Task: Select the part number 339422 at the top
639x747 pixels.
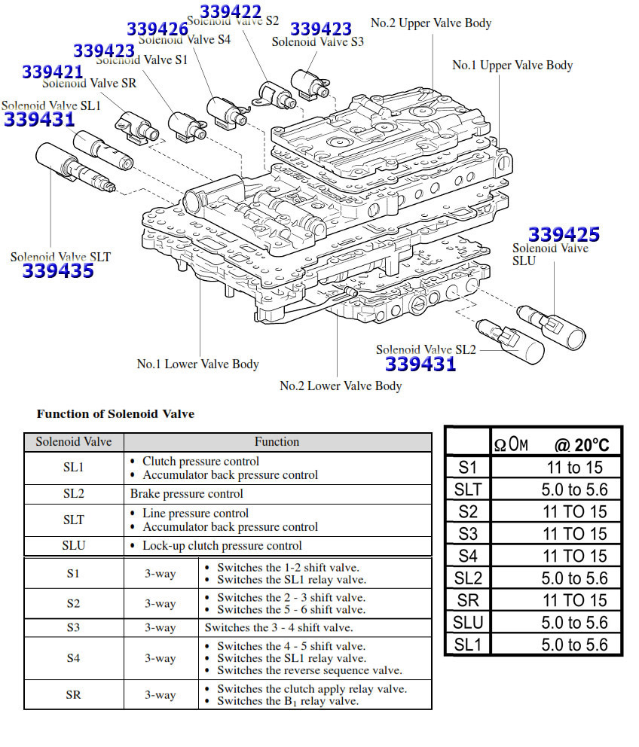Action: pyautogui.click(x=231, y=11)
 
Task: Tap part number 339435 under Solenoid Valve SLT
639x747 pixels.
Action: pyautogui.click(x=58, y=271)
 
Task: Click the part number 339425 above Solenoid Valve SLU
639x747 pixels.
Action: pyautogui.click(x=564, y=234)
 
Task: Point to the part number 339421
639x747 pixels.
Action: pyautogui.click(x=52, y=72)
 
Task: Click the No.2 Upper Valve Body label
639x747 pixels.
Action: pyautogui.click(x=431, y=23)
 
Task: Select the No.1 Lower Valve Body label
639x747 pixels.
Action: pyautogui.click(x=197, y=364)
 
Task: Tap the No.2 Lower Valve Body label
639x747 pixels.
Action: pyautogui.click(x=341, y=386)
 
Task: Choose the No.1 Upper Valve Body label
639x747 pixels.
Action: pyautogui.click(x=512, y=65)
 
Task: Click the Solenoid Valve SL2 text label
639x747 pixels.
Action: pyautogui.click(x=426, y=349)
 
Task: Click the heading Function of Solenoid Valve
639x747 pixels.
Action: pyautogui.click(x=115, y=414)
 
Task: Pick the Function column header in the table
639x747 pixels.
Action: pyautogui.click(x=277, y=442)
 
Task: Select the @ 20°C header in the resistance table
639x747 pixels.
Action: pyautogui.click(x=581, y=444)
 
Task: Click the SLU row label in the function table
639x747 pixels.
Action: pyautogui.click(x=73, y=546)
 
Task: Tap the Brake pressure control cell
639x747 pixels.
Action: pyautogui.click(x=186, y=494)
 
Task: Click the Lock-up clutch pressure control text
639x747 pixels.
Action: pyautogui.click(x=222, y=546)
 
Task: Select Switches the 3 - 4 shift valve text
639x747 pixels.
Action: pyautogui.click(x=278, y=627)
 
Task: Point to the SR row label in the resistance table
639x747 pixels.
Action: pyautogui.click(x=467, y=600)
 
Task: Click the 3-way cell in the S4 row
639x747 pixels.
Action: pyautogui.click(x=160, y=658)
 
